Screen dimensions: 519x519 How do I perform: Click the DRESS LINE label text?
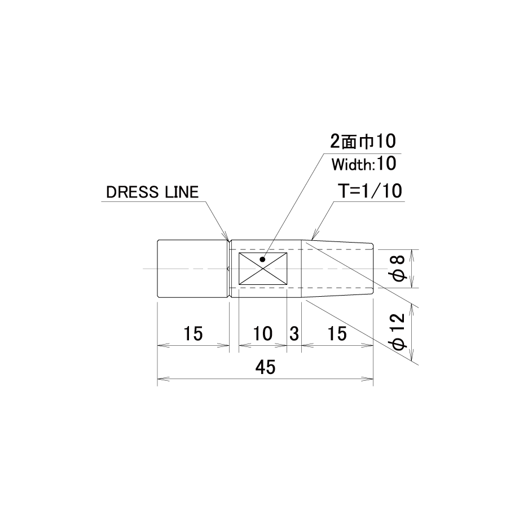point(152,192)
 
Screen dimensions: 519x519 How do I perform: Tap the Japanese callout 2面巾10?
point(363,142)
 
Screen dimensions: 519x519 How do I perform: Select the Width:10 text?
point(364,164)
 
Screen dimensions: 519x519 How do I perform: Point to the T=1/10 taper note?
point(370,191)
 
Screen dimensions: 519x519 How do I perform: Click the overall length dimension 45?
point(266,367)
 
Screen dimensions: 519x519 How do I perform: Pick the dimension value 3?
point(294,333)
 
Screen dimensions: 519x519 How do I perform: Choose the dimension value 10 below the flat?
point(263,333)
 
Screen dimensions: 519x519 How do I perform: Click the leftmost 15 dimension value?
point(193,333)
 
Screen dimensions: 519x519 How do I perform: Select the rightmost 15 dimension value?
point(337,333)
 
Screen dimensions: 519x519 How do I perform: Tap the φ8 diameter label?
point(399,268)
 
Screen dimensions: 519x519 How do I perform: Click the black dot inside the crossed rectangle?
point(262,259)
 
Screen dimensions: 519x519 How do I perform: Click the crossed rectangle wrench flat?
point(263,269)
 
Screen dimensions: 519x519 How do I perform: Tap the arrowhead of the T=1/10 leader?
point(314,235)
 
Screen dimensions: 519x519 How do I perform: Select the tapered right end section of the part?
point(337,269)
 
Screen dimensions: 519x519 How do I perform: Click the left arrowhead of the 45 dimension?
point(162,379)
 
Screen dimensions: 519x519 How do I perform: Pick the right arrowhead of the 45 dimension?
point(368,379)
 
